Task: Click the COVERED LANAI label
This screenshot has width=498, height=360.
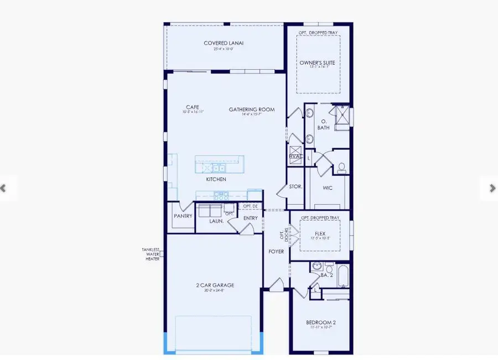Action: click(x=224, y=43)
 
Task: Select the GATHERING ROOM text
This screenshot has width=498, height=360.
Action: click(x=252, y=109)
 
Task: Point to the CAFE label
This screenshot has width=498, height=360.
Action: click(x=193, y=107)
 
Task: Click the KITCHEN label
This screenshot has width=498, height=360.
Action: click(x=216, y=180)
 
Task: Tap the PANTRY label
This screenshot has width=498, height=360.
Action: click(x=183, y=216)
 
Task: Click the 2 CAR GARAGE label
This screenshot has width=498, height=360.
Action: click(x=216, y=285)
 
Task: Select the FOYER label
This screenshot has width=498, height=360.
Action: click(x=276, y=252)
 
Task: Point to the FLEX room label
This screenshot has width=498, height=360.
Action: click(x=320, y=233)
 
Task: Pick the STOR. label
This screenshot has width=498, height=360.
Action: click(x=296, y=186)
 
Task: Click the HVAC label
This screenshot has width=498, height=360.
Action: click(x=294, y=156)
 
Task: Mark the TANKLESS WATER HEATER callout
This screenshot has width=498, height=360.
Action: click(x=152, y=254)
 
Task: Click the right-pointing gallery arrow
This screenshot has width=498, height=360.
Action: click(x=492, y=188)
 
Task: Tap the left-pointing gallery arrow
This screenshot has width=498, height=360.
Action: click(x=3, y=188)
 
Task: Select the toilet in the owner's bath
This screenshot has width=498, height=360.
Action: click(x=341, y=166)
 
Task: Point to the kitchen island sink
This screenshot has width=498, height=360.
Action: click(x=213, y=168)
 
